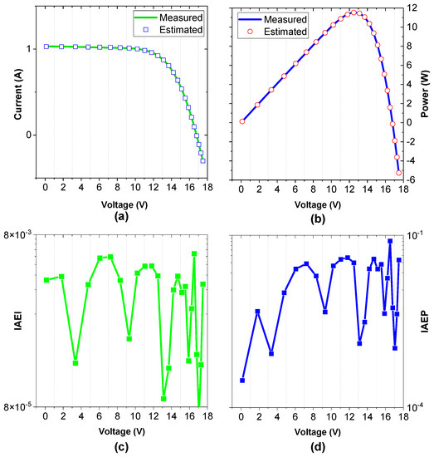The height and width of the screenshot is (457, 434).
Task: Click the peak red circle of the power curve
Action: tap(354, 12)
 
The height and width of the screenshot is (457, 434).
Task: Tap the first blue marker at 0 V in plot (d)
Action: tap(242, 381)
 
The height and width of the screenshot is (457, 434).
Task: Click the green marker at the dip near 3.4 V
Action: tap(76, 363)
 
